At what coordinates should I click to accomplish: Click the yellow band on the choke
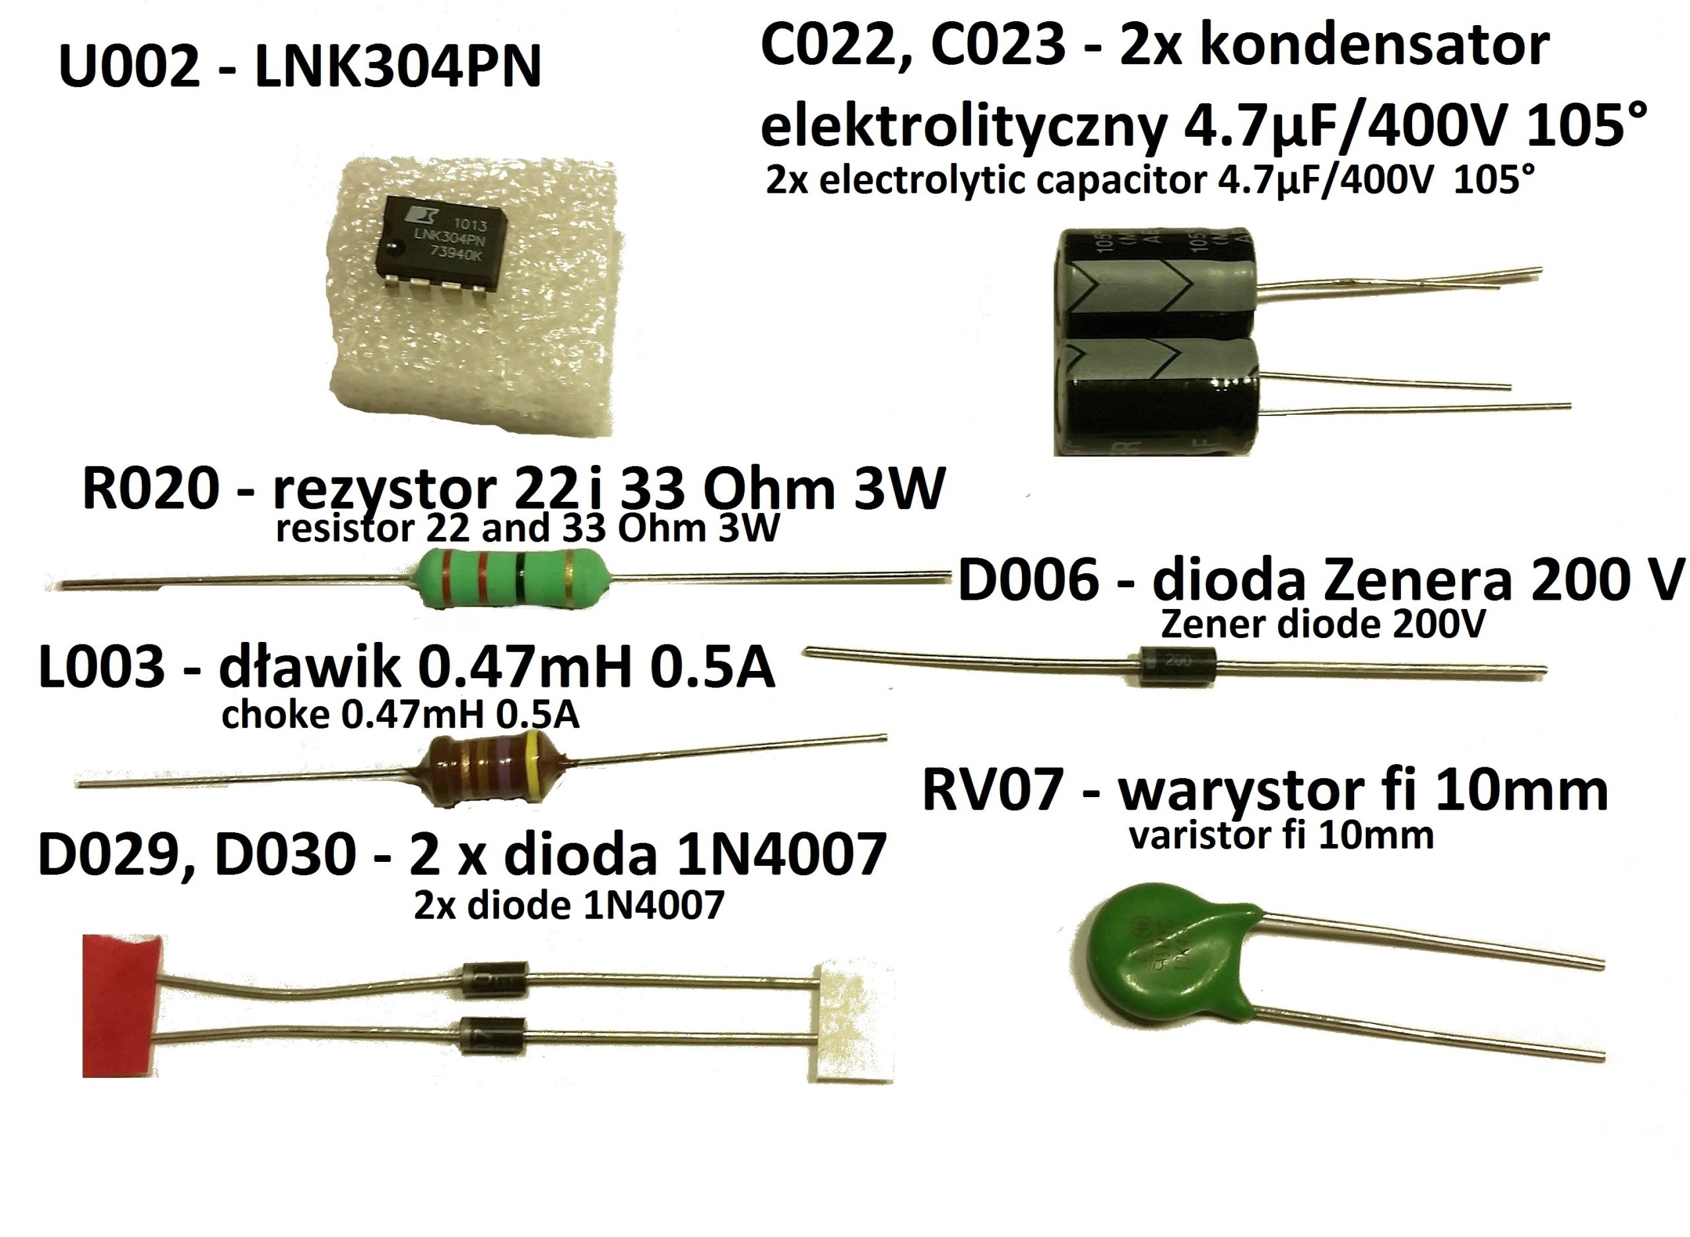pos(532,765)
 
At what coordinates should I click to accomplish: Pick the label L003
pos(101,666)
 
